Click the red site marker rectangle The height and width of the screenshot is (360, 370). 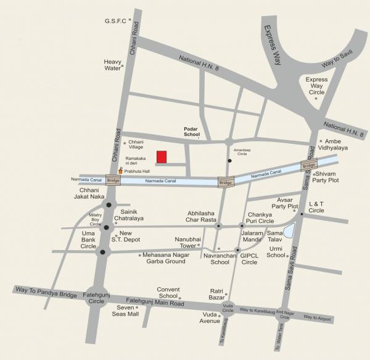pyautogui.click(x=162, y=157)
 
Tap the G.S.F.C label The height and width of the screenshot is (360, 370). pyautogui.click(x=115, y=21)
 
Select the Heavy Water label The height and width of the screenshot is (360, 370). pyautogui.click(x=113, y=65)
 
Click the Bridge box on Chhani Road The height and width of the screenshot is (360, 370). pyautogui.click(x=113, y=180)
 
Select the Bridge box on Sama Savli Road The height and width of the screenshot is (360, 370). pyautogui.click(x=309, y=165)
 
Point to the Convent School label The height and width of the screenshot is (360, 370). pyautogui.click(x=168, y=292)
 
